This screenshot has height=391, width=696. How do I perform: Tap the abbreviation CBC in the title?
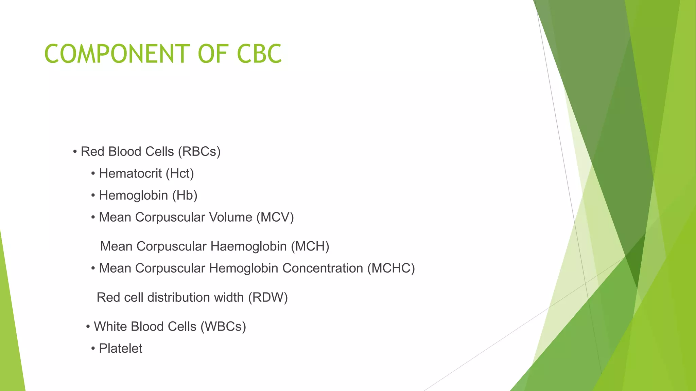tap(259, 54)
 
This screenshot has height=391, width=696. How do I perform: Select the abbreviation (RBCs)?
tap(199, 151)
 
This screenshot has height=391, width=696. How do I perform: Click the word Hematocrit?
tap(130, 173)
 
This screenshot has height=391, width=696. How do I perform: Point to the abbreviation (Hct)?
tap(180, 173)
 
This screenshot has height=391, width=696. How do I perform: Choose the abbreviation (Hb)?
tap(185, 195)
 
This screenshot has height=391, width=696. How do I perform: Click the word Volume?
tap(230, 217)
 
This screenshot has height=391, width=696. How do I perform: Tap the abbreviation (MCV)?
tap(275, 217)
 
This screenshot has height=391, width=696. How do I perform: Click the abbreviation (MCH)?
tap(310, 246)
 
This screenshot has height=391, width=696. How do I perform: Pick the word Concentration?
tap(323, 268)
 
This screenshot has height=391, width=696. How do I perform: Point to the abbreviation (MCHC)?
tap(391, 268)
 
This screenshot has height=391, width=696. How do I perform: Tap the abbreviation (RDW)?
tap(268, 297)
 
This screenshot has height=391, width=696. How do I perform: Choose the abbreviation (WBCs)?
tap(223, 327)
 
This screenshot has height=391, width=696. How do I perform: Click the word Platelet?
tap(120, 348)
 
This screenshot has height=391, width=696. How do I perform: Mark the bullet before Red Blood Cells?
tap(75, 152)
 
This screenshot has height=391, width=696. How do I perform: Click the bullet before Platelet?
tap(93, 349)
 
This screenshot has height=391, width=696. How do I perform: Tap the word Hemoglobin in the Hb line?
tap(133, 195)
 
